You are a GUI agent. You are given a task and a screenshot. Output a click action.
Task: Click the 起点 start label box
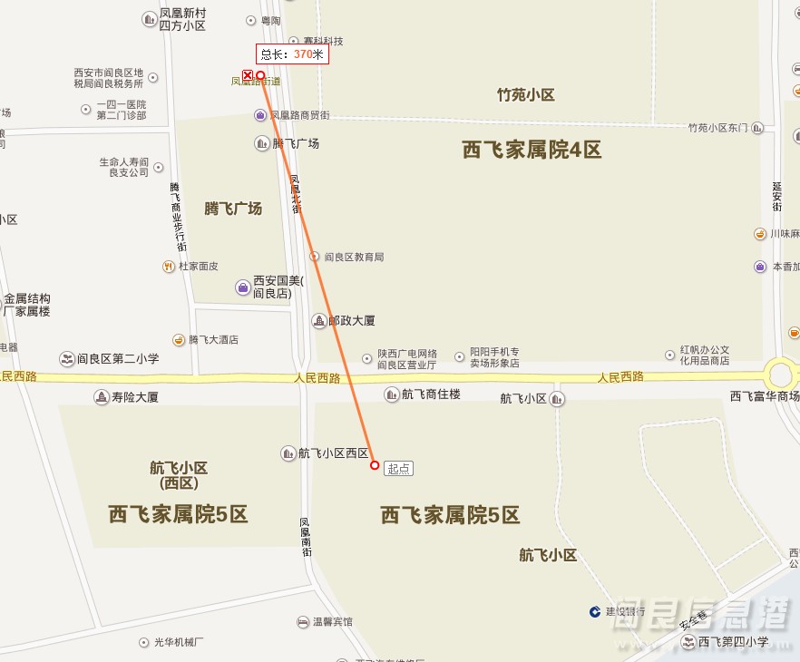[x=398, y=469]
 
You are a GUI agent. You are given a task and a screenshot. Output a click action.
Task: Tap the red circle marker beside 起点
[x=375, y=465]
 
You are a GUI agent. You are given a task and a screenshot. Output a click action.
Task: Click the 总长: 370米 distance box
[x=291, y=54]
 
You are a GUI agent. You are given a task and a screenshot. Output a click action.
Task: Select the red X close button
[x=247, y=75]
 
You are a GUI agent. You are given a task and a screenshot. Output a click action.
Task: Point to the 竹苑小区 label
[x=525, y=95]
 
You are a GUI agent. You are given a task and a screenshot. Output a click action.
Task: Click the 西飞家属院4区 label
[x=532, y=151]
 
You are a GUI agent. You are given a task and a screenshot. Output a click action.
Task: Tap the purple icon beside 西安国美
[x=243, y=287]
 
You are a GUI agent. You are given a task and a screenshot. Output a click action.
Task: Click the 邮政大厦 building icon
[x=319, y=321]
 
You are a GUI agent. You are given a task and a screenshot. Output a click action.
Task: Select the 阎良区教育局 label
[x=354, y=257]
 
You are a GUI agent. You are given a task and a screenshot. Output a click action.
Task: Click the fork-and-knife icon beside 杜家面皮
[x=169, y=267]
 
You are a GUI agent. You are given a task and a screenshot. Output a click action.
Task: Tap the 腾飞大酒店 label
[x=213, y=340]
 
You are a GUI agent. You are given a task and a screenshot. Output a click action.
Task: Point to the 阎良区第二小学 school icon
[x=66, y=359]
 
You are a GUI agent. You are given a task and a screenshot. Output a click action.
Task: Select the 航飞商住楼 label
[x=431, y=394]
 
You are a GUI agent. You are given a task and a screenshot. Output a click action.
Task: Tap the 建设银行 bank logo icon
[x=595, y=611]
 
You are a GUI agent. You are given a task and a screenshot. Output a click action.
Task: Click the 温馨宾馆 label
[x=332, y=622]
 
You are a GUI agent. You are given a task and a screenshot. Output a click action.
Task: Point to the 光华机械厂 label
[x=178, y=642]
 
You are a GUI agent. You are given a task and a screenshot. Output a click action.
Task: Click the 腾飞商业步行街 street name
[x=178, y=217]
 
